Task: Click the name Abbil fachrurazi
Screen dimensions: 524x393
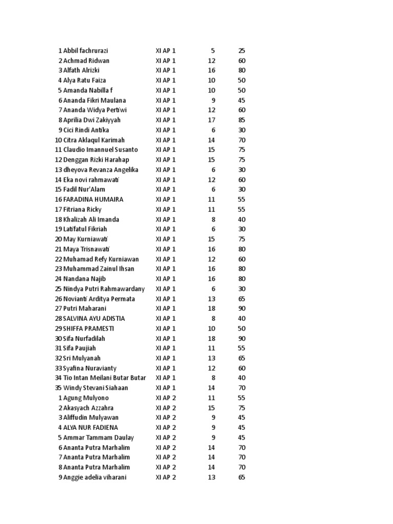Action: point(85,51)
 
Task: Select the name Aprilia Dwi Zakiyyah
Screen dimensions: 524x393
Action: point(92,120)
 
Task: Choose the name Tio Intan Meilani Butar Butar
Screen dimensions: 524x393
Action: point(104,378)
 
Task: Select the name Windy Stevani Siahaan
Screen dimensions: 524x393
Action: point(95,388)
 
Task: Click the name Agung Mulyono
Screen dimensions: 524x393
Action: point(86,398)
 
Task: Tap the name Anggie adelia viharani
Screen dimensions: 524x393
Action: point(95,477)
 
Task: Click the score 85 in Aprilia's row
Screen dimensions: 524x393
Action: point(242,120)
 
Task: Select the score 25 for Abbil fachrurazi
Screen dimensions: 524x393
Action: point(242,51)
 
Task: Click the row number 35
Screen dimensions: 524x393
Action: point(58,388)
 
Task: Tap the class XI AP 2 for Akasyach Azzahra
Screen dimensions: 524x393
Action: point(166,408)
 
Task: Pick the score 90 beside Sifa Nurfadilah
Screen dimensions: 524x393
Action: point(242,338)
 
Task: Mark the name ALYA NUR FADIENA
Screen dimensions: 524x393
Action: point(91,428)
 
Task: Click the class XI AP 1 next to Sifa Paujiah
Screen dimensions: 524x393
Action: point(166,348)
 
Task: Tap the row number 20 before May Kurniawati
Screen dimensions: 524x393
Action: point(58,239)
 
